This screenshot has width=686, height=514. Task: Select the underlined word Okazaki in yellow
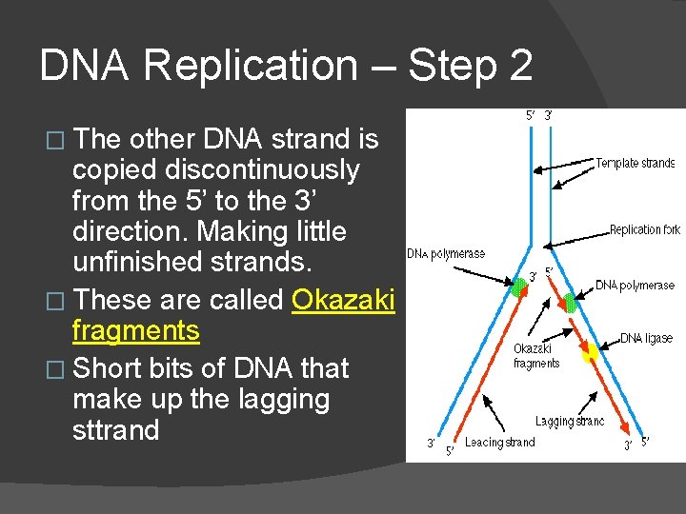pyautogui.click(x=343, y=300)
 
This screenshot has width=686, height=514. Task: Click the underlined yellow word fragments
pyautogui.click(x=135, y=331)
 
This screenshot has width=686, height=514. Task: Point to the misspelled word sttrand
pyautogui.click(x=115, y=430)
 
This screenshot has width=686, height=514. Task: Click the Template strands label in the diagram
pyautogui.click(x=635, y=164)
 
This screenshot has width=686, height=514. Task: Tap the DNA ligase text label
pyautogui.click(x=646, y=338)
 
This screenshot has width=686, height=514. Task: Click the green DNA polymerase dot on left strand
pyautogui.click(x=518, y=287)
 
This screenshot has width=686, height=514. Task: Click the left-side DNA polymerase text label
pyautogui.click(x=446, y=254)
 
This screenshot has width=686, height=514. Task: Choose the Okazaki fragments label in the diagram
pyautogui.click(x=536, y=356)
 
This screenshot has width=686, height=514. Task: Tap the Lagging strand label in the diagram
pyautogui.click(x=569, y=421)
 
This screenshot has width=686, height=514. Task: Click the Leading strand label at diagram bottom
pyautogui.click(x=499, y=442)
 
